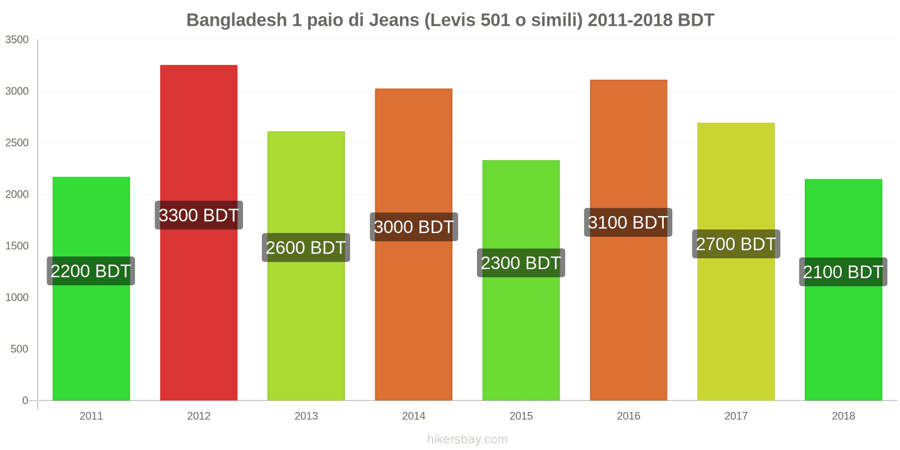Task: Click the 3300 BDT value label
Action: click(199, 215)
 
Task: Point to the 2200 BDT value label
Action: click(91, 271)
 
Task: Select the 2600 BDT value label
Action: click(306, 247)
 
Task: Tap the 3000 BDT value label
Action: click(413, 227)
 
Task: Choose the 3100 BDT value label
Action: click(628, 223)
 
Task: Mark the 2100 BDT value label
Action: click(843, 272)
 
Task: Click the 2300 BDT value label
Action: click(521, 263)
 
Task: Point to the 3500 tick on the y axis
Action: click(17, 40)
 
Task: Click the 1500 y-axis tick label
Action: click(17, 246)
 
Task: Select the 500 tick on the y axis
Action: click(19, 349)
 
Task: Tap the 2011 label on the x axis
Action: click(91, 416)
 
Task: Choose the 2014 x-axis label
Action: click(413, 416)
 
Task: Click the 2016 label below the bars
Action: click(628, 416)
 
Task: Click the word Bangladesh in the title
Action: click(236, 20)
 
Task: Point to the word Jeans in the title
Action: click(394, 20)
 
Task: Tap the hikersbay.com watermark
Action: click(467, 439)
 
